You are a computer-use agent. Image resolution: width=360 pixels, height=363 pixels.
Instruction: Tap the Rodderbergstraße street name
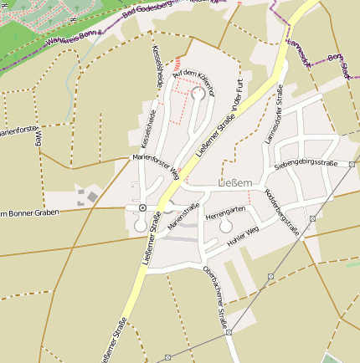click(281, 214)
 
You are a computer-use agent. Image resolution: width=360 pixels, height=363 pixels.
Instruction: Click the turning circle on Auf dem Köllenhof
click(198, 94)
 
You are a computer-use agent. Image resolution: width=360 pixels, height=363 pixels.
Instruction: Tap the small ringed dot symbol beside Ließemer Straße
click(143, 207)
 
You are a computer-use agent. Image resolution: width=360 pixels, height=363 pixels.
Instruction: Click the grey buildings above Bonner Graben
click(88, 197)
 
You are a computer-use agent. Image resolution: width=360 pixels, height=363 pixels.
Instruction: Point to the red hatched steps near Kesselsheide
click(177, 62)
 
